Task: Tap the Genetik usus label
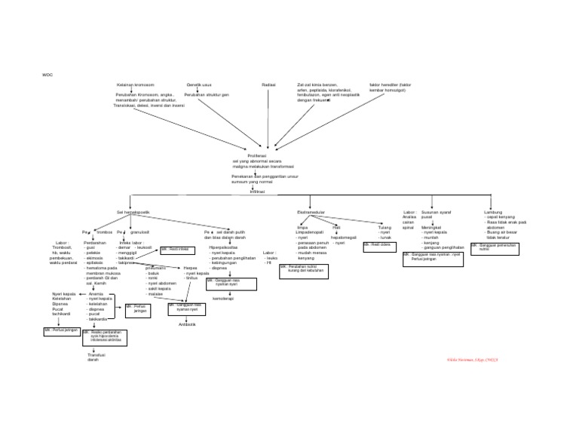pos(199,85)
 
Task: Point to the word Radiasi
pos(268,85)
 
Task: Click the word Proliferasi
pos(256,155)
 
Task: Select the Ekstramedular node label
pos(311,213)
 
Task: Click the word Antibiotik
pos(187,324)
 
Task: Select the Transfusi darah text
pos(96,357)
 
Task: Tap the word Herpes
pos(191,268)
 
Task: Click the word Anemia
pos(96,293)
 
